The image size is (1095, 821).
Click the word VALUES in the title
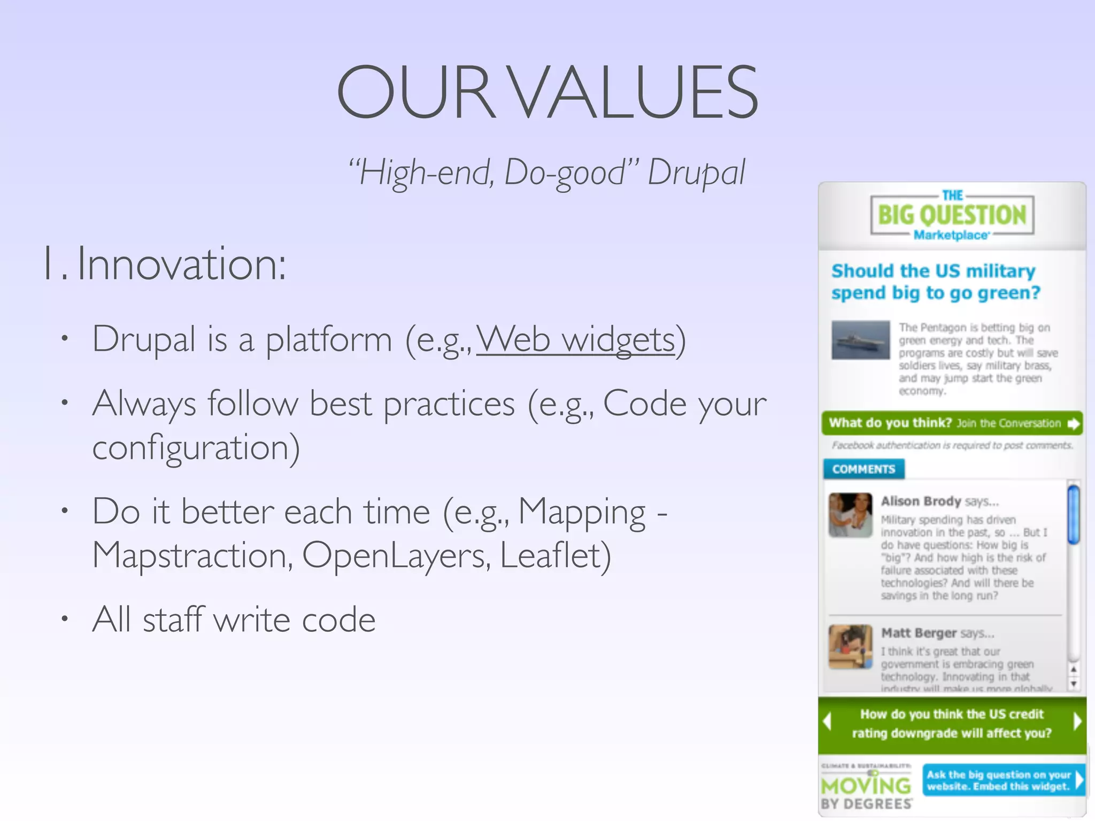(x=634, y=92)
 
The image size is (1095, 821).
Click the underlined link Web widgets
(x=576, y=339)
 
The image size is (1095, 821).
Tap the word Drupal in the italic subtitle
(x=696, y=173)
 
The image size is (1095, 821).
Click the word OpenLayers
(x=396, y=555)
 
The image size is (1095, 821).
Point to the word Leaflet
(x=554, y=555)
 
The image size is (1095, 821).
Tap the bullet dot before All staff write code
(x=65, y=619)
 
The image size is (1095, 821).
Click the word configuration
(x=196, y=447)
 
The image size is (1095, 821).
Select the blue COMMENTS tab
(x=863, y=469)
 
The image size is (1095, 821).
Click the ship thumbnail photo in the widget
(x=860, y=340)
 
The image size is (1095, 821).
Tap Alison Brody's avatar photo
(x=850, y=515)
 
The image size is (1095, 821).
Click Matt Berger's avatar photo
(x=850, y=646)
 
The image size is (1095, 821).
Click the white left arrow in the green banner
(x=828, y=722)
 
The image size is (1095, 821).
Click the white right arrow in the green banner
(x=1077, y=722)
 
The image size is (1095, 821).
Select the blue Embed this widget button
(x=1003, y=780)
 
